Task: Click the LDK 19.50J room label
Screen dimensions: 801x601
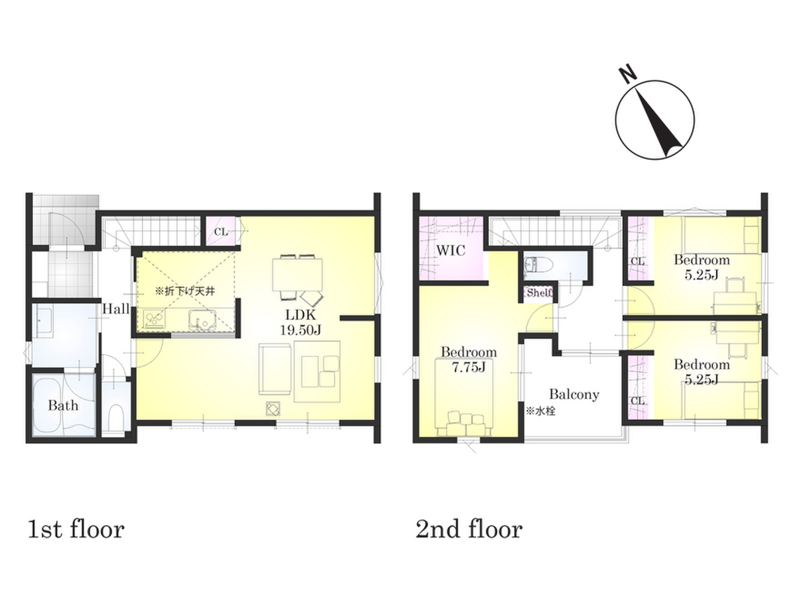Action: [301, 322]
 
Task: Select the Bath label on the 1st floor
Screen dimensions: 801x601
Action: [63, 406]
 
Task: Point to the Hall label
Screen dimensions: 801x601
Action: [116, 309]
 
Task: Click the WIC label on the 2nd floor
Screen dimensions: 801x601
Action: [450, 250]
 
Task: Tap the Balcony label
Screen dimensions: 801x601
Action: [574, 394]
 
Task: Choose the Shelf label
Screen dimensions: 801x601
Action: [540, 292]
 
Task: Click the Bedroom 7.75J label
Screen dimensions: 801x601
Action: [469, 359]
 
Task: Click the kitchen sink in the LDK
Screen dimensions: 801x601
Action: [201, 319]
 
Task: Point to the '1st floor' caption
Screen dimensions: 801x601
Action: [76, 529]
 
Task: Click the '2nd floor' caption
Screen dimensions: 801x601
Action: [469, 529]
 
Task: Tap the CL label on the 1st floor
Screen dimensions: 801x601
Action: [221, 232]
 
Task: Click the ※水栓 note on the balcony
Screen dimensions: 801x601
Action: [541, 410]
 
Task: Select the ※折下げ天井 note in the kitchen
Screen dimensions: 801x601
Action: [185, 291]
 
